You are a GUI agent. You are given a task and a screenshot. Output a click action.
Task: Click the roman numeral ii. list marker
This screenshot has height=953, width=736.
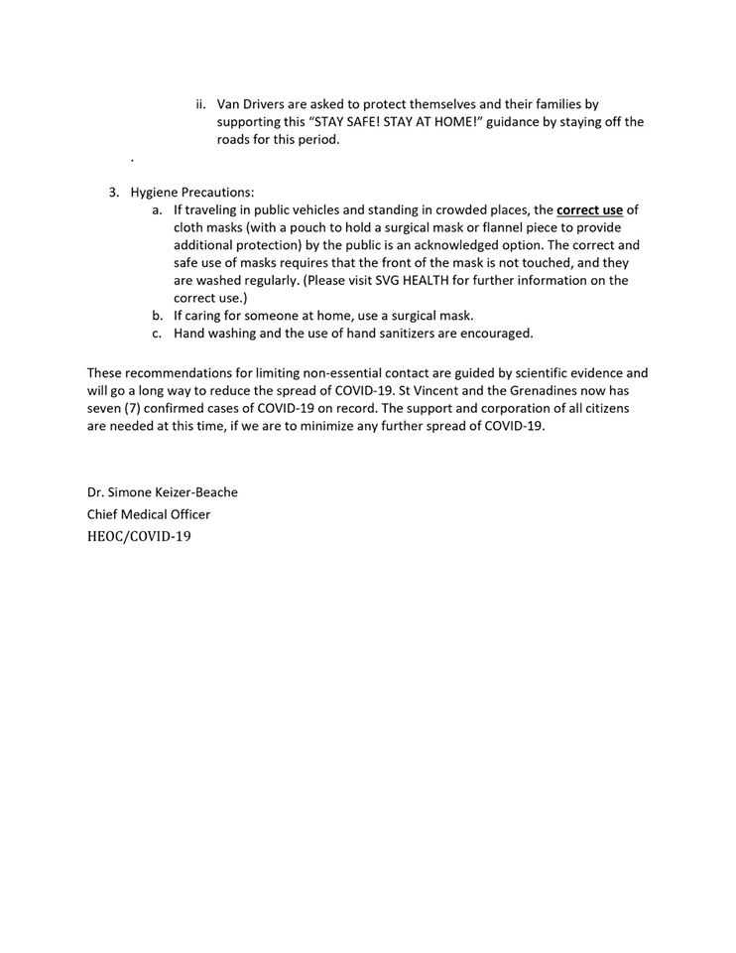coord(199,103)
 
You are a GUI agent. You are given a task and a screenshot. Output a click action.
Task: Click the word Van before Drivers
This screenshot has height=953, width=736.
coord(229,103)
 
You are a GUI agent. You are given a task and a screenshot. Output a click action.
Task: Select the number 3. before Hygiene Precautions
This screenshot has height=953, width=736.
coord(115,192)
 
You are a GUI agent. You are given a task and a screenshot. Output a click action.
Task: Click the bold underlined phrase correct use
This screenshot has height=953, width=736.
coord(590,209)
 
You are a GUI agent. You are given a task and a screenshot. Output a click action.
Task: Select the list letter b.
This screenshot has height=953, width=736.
coord(158,316)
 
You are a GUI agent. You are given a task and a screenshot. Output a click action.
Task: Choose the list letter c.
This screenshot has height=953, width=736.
coord(158,334)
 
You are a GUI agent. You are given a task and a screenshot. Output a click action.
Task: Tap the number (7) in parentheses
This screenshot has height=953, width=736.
coord(134,409)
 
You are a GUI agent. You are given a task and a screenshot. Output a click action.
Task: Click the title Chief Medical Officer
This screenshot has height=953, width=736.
coord(149,514)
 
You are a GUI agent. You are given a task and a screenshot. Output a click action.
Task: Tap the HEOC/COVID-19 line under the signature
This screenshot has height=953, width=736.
coord(138,537)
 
